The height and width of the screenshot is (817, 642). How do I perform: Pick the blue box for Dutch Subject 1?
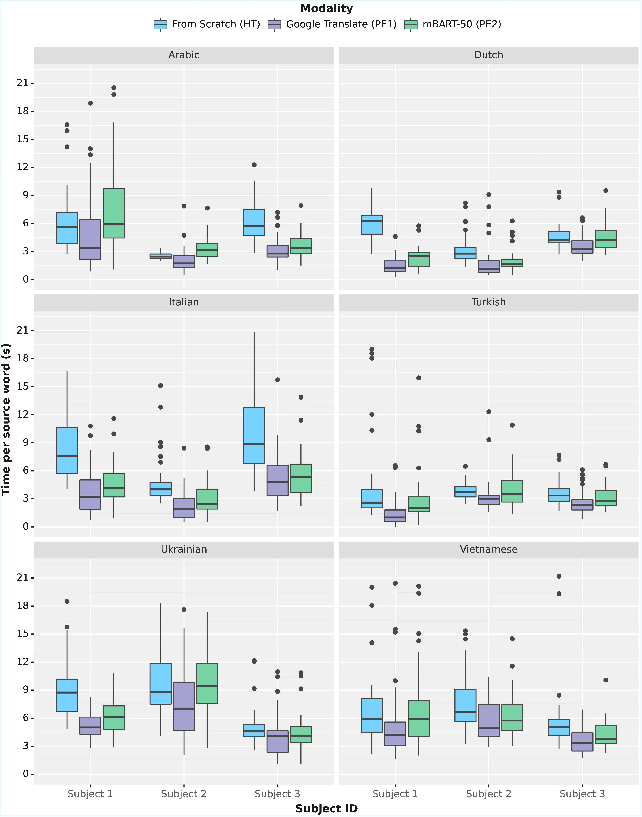372,225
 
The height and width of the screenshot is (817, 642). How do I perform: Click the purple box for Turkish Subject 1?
395,516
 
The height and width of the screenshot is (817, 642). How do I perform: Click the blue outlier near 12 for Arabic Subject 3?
254,165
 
